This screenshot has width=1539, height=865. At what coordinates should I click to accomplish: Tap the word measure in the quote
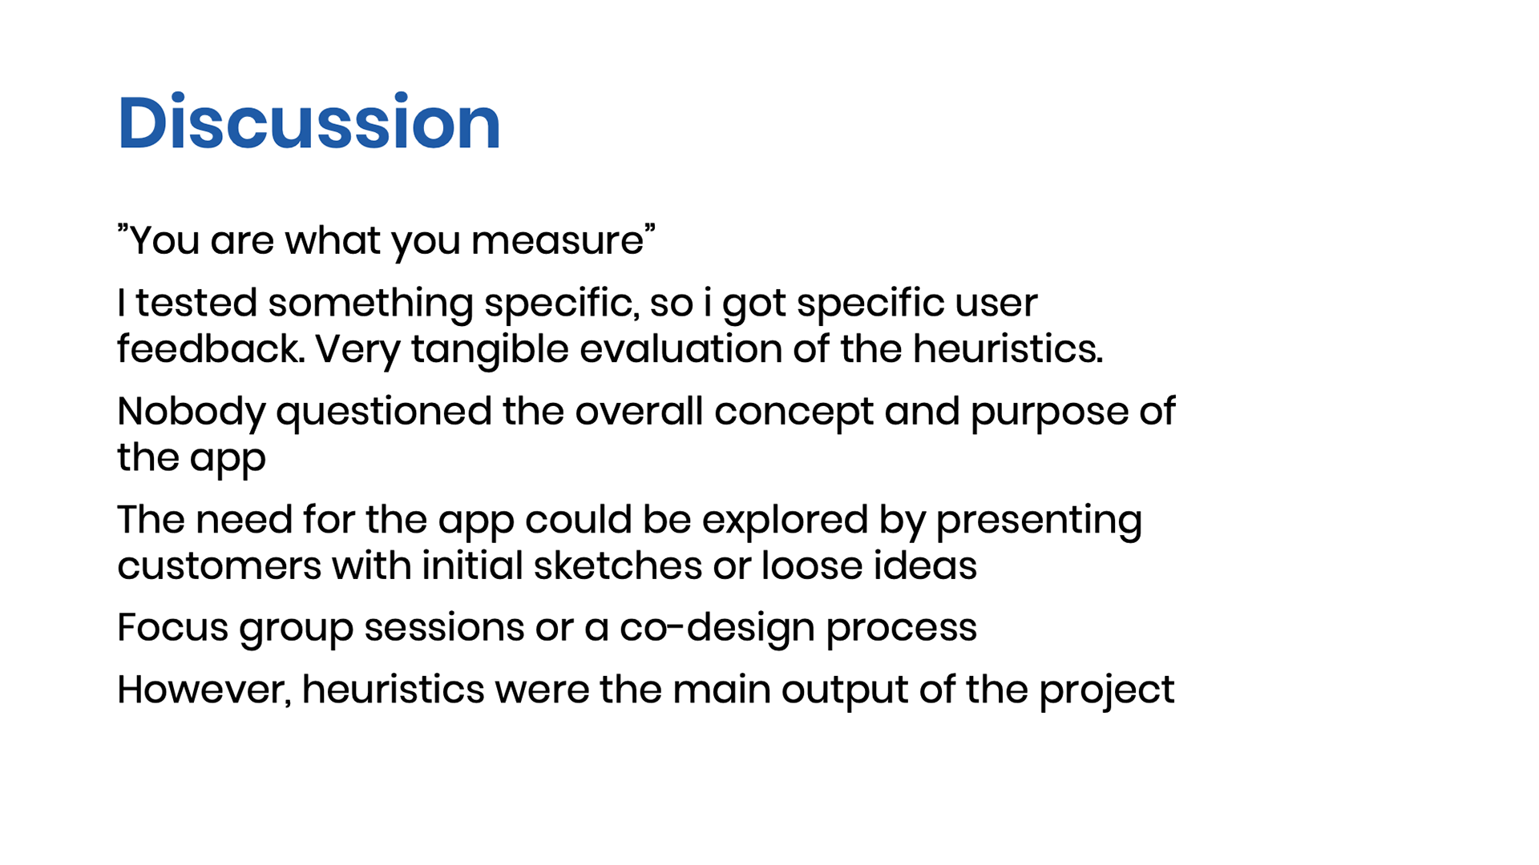(x=557, y=240)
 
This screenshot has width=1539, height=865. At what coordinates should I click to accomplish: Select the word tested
(x=196, y=303)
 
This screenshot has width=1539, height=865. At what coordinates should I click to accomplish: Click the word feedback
(x=211, y=349)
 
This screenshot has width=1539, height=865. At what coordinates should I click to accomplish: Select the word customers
(x=220, y=566)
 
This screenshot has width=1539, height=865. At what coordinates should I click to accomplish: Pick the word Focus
(x=172, y=627)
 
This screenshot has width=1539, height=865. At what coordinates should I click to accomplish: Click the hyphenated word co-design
(x=717, y=628)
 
